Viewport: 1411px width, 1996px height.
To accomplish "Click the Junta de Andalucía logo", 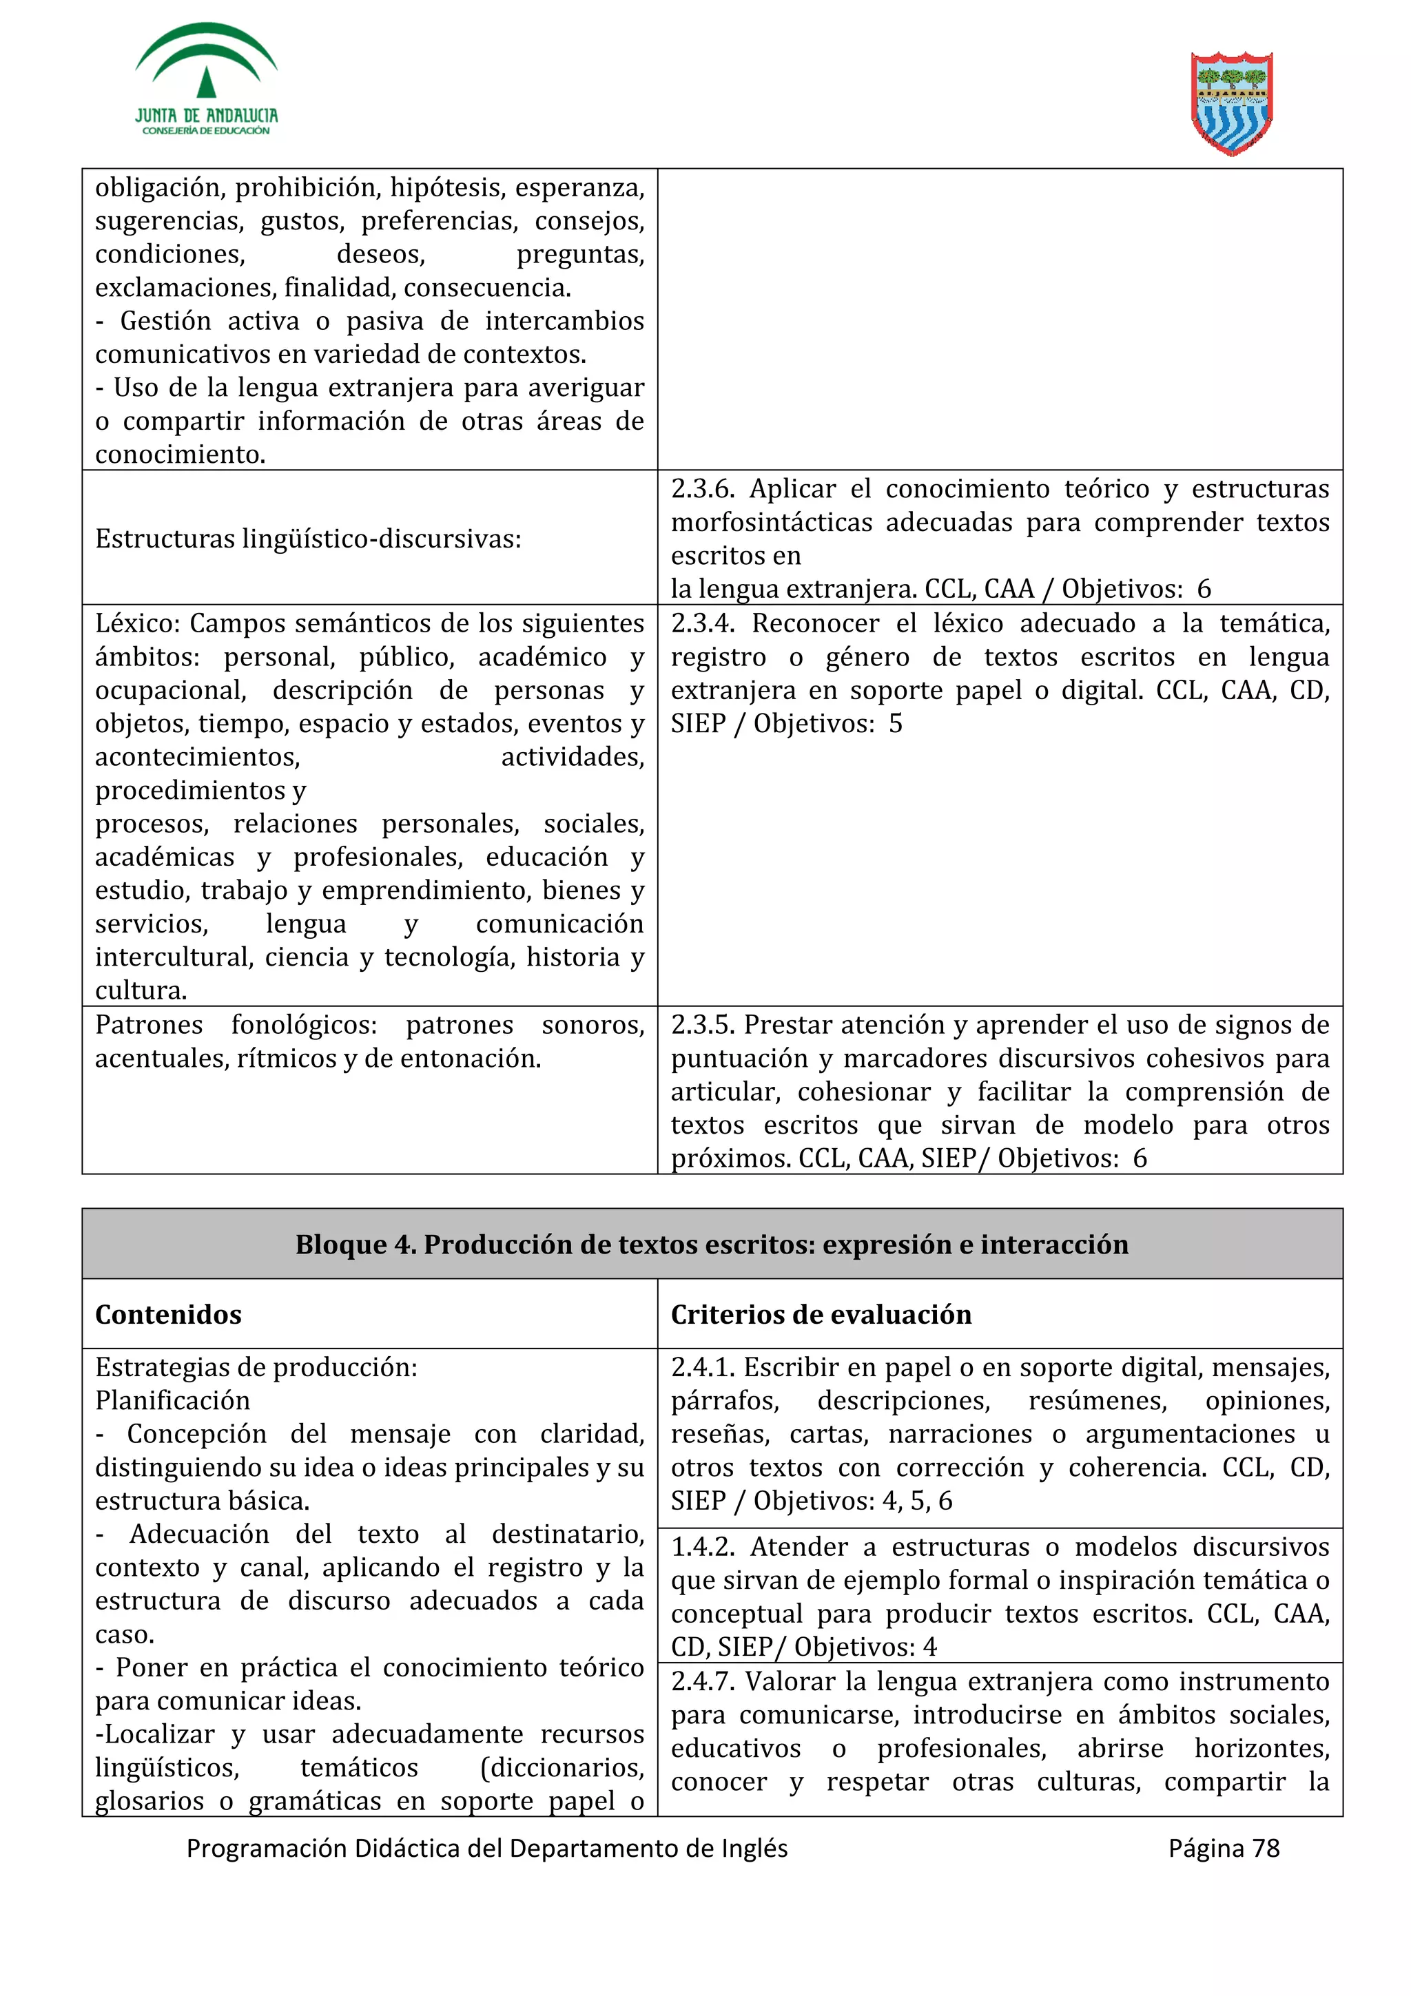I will coord(206,80).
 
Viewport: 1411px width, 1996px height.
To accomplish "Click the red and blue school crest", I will coord(1231,103).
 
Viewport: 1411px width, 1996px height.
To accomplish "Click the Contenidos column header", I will coord(169,1314).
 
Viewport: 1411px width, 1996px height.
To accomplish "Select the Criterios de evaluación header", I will coord(821,1314).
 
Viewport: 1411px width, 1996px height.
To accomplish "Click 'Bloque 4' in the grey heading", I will coord(355,1244).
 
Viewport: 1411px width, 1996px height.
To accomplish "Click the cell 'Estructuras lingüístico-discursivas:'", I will coord(308,539).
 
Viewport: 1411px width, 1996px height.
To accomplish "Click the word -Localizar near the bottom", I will coord(155,1734).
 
